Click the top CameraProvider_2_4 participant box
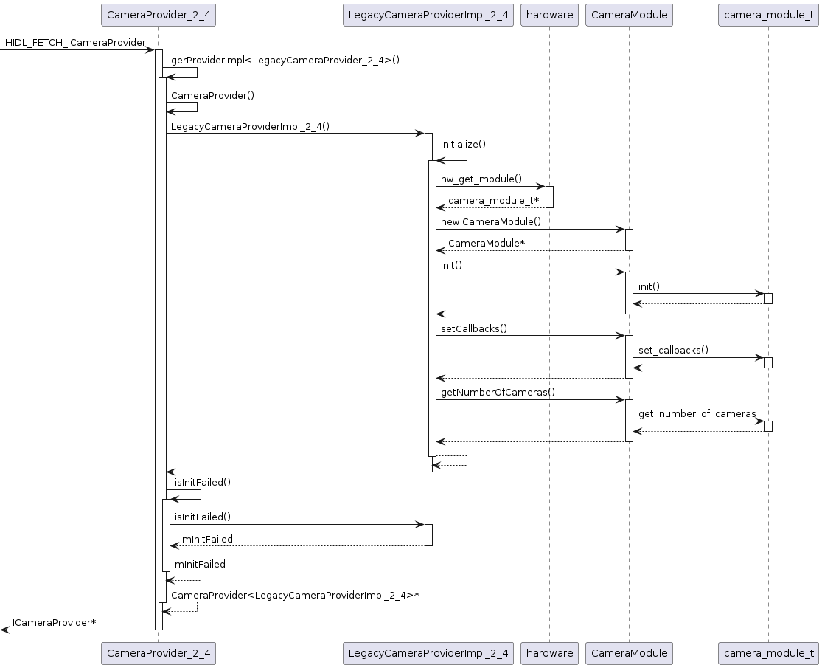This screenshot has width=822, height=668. point(159,15)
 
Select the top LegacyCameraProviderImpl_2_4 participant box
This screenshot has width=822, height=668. point(428,15)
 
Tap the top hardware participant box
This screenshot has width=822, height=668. point(549,15)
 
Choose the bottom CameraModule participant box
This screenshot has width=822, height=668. point(629,652)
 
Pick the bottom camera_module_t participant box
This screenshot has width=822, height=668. point(768,652)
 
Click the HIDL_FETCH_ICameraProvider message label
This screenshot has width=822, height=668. point(75,43)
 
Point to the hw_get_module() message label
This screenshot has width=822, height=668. point(481,179)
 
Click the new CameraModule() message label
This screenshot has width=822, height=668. point(491,222)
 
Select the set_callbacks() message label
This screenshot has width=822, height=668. point(673,351)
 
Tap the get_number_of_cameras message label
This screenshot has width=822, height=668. point(697,414)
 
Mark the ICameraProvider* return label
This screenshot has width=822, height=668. point(54,623)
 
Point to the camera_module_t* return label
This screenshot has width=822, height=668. point(494,201)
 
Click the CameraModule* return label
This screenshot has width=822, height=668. point(487,244)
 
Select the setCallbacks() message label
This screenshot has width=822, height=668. point(474,328)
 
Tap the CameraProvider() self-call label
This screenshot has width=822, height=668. point(202,96)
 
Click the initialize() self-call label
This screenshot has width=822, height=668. point(464,145)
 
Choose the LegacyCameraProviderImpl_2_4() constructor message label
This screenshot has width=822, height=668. point(250,126)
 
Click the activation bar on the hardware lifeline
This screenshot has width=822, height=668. point(549,196)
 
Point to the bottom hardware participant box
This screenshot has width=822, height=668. point(549,652)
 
